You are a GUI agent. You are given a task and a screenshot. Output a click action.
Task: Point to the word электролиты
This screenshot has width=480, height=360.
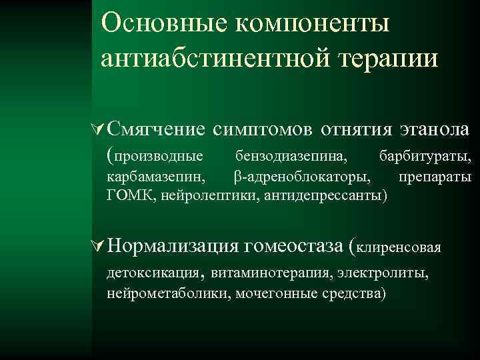(x=385, y=274)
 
